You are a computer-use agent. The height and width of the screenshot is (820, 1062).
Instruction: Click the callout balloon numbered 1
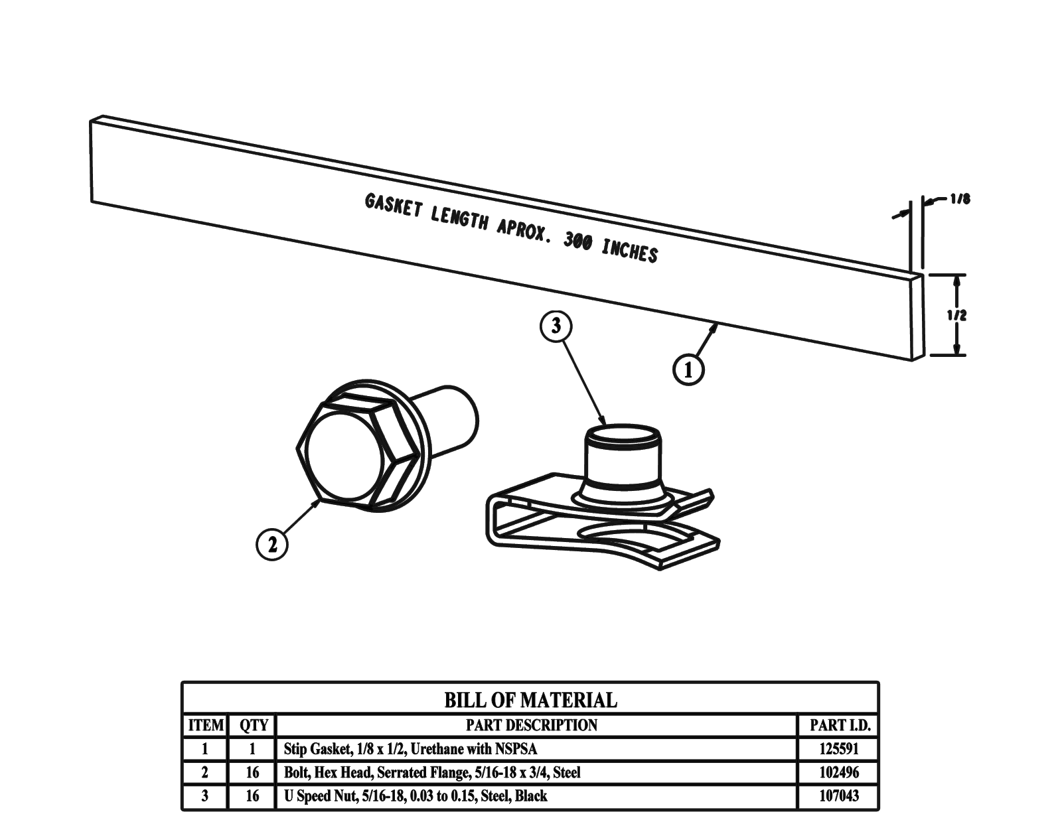pyautogui.click(x=688, y=370)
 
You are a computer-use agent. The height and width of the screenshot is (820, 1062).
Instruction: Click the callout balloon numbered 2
pyautogui.click(x=272, y=545)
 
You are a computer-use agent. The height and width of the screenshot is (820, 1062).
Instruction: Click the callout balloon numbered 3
pyautogui.click(x=556, y=326)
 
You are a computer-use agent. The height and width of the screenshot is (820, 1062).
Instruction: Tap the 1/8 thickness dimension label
pyautogui.click(x=959, y=199)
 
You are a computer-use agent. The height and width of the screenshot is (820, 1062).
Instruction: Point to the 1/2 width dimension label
pyautogui.click(x=956, y=315)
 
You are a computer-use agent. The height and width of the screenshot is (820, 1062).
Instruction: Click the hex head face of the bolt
pyautogui.click(x=344, y=456)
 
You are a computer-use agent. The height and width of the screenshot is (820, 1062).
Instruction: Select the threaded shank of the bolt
pyautogui.click(x=451, y=418)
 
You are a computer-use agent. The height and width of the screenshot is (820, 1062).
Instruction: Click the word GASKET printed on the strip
pyautogui.click(x=393, y=206)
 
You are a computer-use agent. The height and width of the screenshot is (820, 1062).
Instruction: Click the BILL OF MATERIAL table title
pyautogui.click(x=530, y=700)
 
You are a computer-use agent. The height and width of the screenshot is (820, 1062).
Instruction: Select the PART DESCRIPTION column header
pyautogui.click(x=531, y=725)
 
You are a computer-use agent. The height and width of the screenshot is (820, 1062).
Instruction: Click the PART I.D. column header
pyautogui.click(x=839, y=725)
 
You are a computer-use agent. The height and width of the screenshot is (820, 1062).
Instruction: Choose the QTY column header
pyautogui.click(x=253, y=725)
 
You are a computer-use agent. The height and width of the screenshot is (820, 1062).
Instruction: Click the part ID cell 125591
pyautogui.click(x=839, y=749)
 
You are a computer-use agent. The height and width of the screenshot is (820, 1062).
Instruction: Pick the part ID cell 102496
pyautogui.click(x=839, y=772)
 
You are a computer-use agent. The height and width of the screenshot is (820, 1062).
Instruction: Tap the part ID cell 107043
pyautogui.click(x=839, y=795)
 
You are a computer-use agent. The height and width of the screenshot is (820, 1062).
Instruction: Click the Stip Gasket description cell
pyautogui.click(x=410, y=749)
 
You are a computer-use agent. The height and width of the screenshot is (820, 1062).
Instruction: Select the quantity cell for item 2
pyautogui.click(x=253, y=772)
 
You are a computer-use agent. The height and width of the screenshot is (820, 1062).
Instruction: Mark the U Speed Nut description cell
pyautogui.click(x=416, y=795)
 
